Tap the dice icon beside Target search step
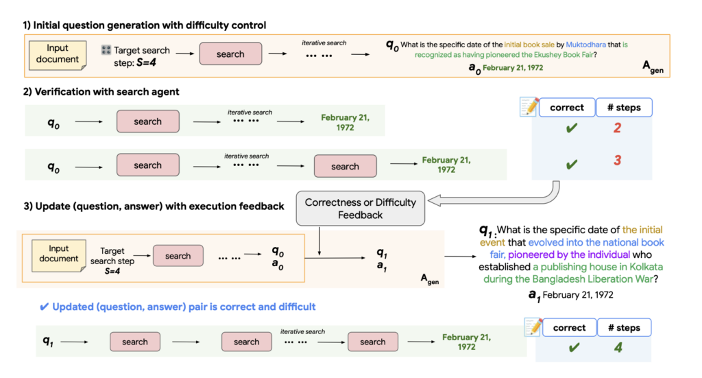106,50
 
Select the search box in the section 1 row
230,54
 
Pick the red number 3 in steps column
616,161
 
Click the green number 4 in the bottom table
618,348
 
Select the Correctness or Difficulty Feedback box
360,209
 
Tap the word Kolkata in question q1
644,267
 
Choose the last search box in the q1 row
372,342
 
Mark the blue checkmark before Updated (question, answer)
44,307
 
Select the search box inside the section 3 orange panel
178,256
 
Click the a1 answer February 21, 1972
577,295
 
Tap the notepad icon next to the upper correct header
529,106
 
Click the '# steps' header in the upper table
624,107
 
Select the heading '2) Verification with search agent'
101,91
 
